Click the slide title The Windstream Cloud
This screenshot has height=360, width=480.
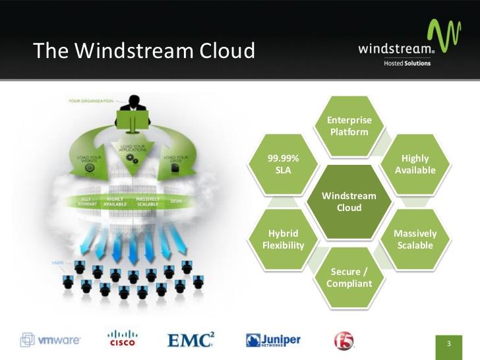[x=144, y=51]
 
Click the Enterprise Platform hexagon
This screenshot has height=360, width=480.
[x=349, y=126]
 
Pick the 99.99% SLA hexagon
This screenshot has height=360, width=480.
[x=284, y=164]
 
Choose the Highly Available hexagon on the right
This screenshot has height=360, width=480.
[x=415, y=164]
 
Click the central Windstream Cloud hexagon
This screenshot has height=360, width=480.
[x=349, y=202]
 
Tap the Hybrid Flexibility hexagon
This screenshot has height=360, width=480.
[x=284, y=239]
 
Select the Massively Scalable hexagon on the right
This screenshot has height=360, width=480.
[x=415, y=239]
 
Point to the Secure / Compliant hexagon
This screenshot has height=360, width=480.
[x=349, y=278]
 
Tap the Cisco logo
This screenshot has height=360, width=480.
[x=122, y=338]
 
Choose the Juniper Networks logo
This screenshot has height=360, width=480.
[x=273, y=340]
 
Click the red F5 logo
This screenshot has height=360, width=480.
[x=344, y=340]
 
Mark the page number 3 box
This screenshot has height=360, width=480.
[x=448, y=344]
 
